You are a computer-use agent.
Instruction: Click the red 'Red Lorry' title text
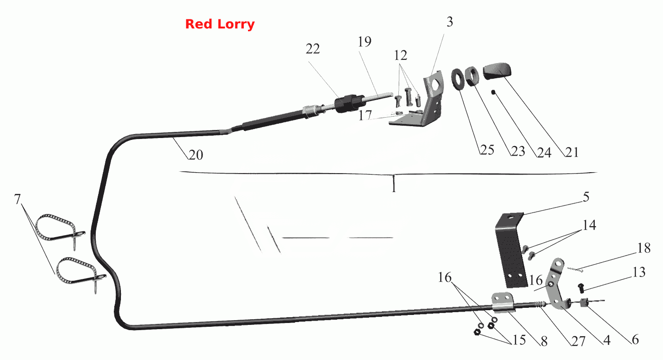point(220,24)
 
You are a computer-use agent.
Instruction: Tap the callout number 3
point(450,22)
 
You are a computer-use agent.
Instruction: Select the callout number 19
point(365,42)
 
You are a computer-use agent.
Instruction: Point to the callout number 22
point(313,49)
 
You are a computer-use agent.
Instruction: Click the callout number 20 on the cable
point(196,155)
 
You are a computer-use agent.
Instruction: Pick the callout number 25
point(487,150)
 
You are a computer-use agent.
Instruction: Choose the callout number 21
point(572,152)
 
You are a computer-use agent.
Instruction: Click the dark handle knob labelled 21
point(497,71)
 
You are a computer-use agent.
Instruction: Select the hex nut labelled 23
point(471,76)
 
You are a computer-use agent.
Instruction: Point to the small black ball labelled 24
point(493,92)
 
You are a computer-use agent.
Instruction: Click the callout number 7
point(18,200)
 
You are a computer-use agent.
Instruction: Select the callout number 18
point(644,248)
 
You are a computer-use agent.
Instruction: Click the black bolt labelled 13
point(581,288)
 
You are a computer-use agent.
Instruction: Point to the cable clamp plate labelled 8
point(502,303)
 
